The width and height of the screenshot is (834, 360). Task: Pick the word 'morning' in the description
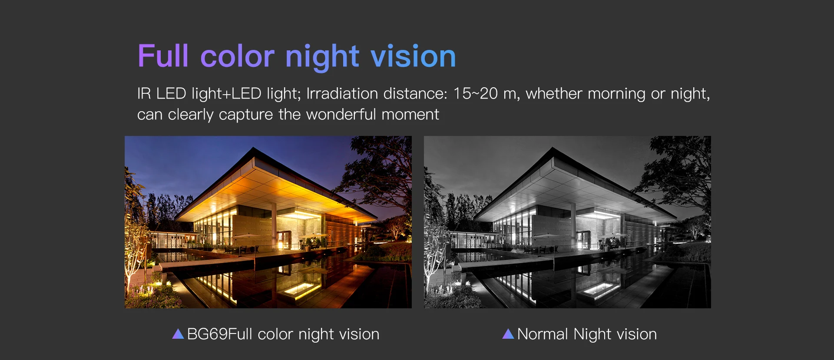616,94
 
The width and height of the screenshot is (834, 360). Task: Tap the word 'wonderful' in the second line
341,114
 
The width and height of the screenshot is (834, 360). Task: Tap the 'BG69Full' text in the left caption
219,334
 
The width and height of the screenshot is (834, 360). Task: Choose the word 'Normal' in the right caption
543,334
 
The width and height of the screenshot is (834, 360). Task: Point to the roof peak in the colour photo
254,148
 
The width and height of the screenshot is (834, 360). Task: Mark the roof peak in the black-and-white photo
553,148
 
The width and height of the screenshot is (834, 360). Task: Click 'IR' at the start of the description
144,93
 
